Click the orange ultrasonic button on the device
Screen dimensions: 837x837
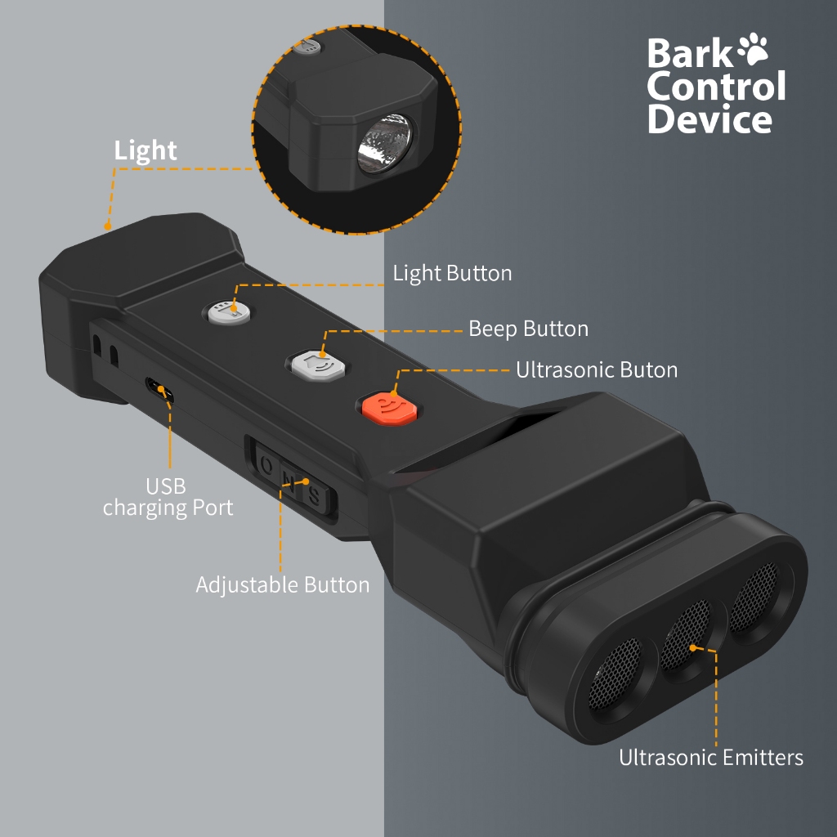point(388,409)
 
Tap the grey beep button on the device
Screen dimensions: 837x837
point(318,365)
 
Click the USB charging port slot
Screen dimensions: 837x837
point(159,390)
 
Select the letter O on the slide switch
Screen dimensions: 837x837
point(267,466)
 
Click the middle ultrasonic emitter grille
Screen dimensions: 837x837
point(687,634)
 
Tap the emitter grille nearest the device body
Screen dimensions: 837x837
point(755,596)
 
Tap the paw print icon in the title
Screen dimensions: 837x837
point(753,48)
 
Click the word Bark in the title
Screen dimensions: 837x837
point(691,53)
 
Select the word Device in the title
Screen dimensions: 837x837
point(709,118)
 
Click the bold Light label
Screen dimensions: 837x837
point(145,151)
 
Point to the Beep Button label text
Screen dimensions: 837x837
point(529,329)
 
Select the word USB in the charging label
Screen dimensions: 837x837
point(166,486)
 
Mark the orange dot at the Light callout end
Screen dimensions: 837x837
point(107,226)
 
